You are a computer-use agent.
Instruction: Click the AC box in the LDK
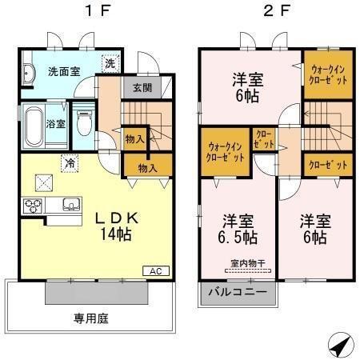(156, 271)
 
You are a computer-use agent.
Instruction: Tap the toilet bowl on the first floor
(84, 123)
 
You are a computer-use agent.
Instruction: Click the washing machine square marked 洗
(110, 63)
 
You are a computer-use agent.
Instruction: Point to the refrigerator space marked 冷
(70, 163)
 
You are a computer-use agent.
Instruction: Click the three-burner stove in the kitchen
(33, 206)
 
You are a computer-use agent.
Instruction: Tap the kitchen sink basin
(71, 205)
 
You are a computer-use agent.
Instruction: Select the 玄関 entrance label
(142, 87)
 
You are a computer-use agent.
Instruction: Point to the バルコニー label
(238, 293)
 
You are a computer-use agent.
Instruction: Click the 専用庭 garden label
(91, 318)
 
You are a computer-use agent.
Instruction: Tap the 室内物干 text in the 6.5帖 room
(248, 263)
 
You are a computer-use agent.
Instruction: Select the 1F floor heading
(98, 11)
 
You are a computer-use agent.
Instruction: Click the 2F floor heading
(277, 11)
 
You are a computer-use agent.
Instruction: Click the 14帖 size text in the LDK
(116, 234)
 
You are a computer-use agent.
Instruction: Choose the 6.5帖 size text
(238, 238)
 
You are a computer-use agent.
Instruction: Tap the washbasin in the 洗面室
(27, 73)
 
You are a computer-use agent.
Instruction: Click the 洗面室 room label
(64, 71)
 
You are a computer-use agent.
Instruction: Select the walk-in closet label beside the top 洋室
(328, 75)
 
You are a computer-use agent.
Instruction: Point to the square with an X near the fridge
(44, 183)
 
